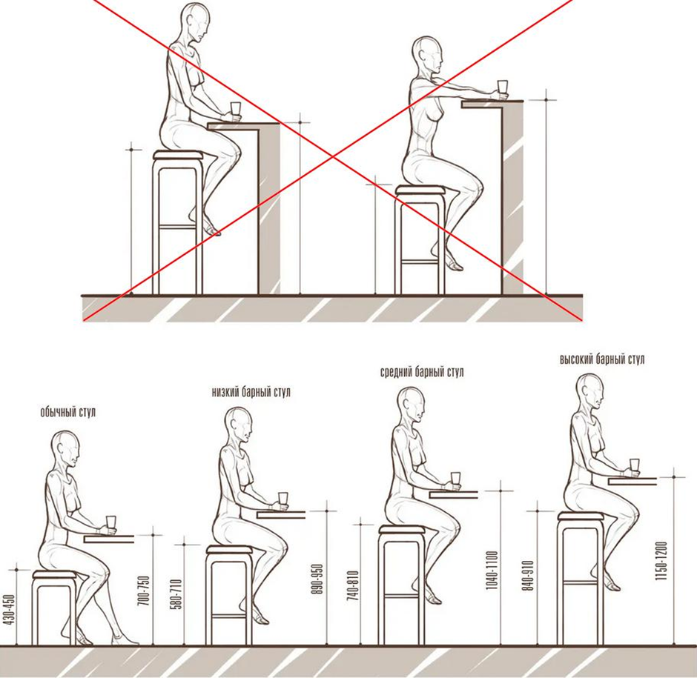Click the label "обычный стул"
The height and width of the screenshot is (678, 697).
(68, 412)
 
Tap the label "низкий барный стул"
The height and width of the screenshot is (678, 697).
(251, 392)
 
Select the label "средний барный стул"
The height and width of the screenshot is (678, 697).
(422, 372)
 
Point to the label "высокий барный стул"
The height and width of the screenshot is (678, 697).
(602, 359)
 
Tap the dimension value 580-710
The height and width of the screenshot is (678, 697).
(176, 594)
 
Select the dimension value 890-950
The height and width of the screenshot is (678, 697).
(317, 579)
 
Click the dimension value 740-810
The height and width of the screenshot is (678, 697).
(352, 585)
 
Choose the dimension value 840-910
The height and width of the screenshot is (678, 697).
(528, 575)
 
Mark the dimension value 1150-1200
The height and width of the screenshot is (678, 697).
(661, 561)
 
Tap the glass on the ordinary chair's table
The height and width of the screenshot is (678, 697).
(110, 523)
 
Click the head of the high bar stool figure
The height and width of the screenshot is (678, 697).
(590, 391)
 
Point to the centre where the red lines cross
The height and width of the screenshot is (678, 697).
(332, 156)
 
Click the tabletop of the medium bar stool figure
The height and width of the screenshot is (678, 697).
(453, 494)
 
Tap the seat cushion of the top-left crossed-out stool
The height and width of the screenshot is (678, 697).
(178, 155)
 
